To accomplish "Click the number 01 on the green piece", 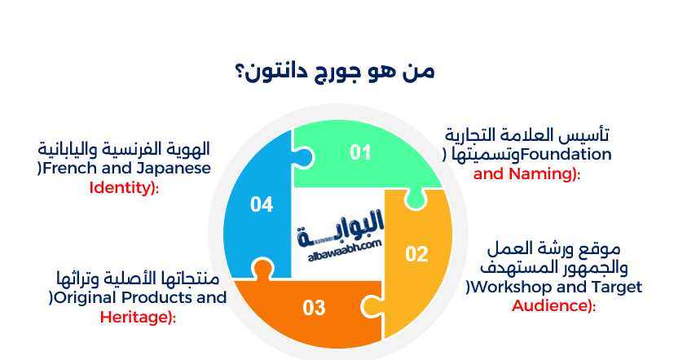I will [x=360, y=152].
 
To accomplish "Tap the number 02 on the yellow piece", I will [x=416, y=254].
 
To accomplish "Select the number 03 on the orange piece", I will [x=314, y=308].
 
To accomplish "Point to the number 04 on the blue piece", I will [x=262, y=204].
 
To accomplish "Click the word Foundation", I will [x=566, y=154].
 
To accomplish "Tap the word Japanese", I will [x=170, y=168].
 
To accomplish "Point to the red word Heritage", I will [x=135, y=317].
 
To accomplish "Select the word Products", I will [x=156, y=298].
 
